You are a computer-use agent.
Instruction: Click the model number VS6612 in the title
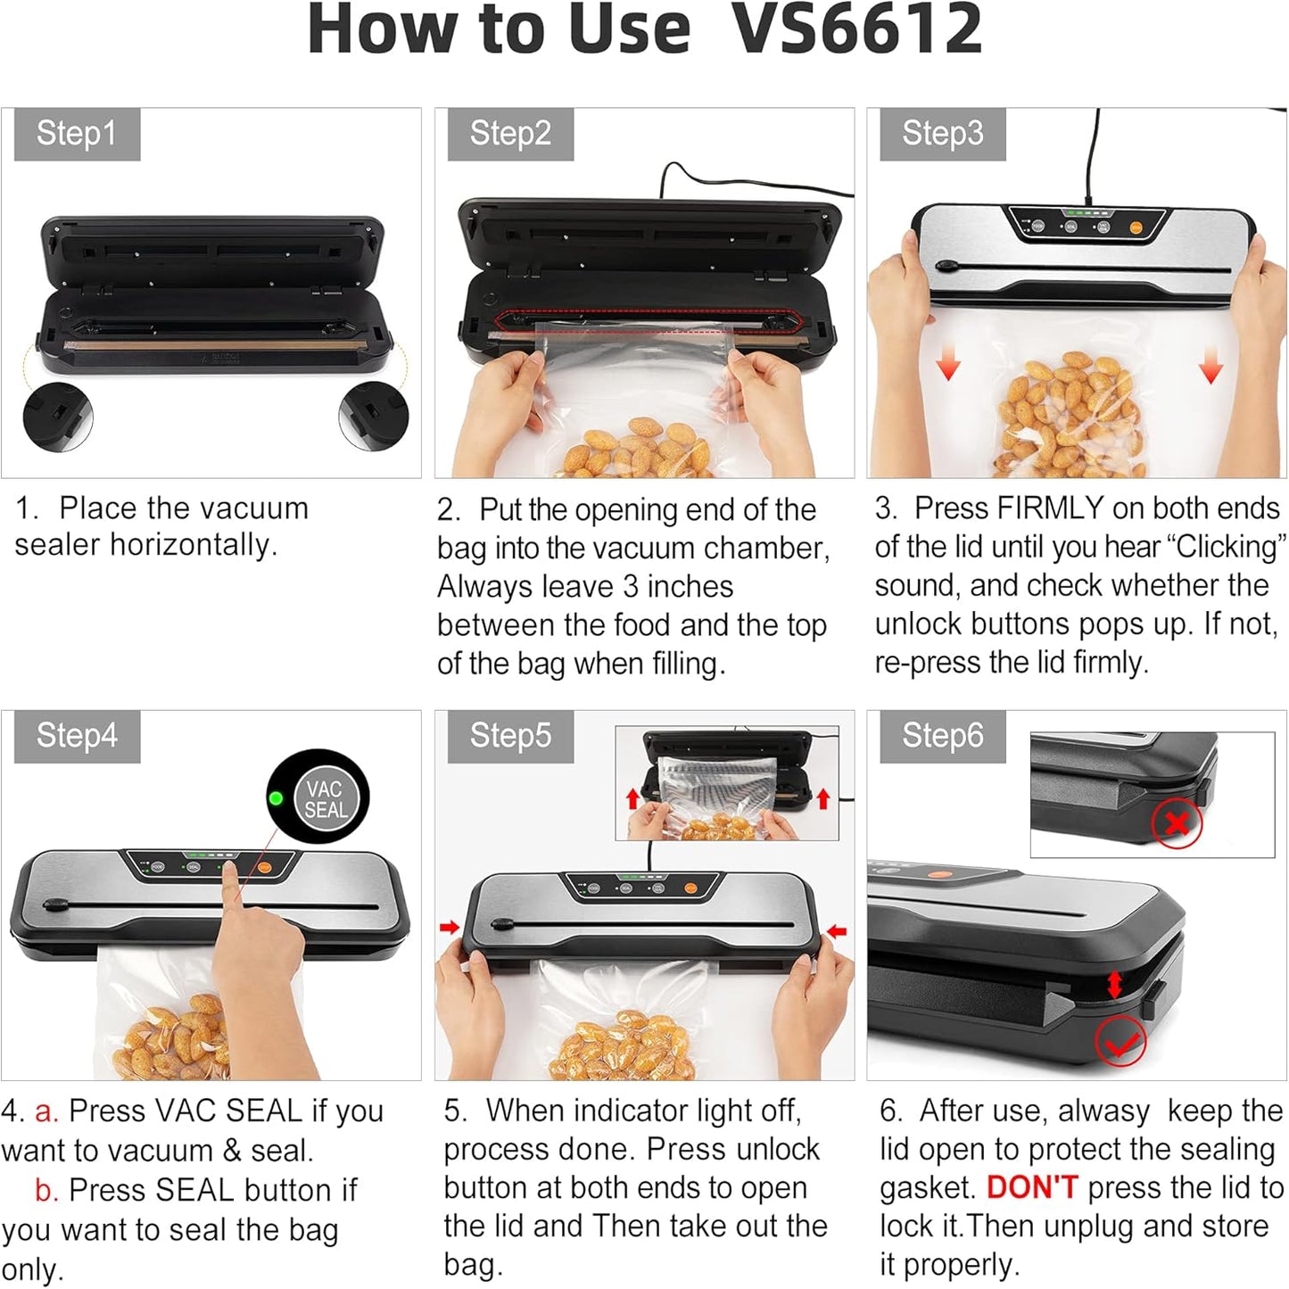point(857,29)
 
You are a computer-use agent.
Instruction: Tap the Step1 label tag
point(77,133)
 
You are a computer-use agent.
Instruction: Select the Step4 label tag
point(77,736)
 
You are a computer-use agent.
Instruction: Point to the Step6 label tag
point(943,736)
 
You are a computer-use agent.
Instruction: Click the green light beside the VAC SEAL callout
point(275,798)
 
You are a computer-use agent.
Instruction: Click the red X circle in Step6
point(1177,823)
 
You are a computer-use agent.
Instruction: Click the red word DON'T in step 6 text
point(1032,1187)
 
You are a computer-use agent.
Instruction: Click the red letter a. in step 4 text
point(46,1111)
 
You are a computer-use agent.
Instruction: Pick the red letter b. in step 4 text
point(46,1190)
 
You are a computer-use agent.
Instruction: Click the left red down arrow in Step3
point(948,366)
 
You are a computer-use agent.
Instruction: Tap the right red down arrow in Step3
point(1211,368)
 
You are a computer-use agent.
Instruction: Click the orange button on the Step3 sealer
point(1136,227)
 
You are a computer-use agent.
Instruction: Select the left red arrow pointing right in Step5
point(450,927)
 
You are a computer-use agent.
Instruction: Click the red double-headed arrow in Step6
point(1114,985)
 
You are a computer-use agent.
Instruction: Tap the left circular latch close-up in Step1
point(58,416)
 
